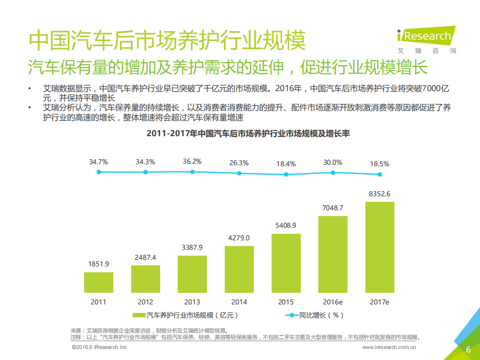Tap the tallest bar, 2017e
[x=380, y=247]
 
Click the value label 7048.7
[x=333, y=208]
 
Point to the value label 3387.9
[x=192, y=247]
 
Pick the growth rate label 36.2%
[x=192, y=162]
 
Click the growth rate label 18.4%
[x=286, y=164]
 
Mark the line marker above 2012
[x=146, y=172]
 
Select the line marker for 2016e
[x=333, y=172]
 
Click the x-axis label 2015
[x=286, y=302]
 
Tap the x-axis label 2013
[x=192, y=302]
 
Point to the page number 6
[x=468, y=349]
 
